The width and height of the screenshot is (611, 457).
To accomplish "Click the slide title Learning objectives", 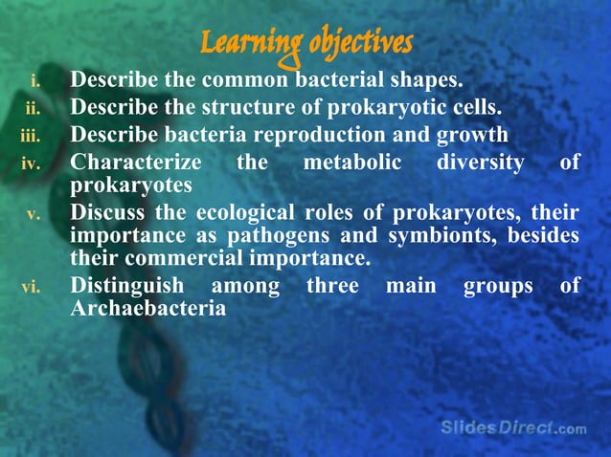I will point(306,43).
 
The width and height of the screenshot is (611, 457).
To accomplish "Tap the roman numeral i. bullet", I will point(36,79).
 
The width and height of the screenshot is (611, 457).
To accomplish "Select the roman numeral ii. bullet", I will point(34,107).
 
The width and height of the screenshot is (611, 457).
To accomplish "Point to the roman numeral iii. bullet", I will point(32,135).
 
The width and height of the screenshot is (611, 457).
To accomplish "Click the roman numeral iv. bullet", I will point(32,163).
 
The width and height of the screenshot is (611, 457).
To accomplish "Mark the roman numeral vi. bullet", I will point(32,287).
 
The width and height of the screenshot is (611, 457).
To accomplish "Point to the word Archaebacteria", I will point(148,309).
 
